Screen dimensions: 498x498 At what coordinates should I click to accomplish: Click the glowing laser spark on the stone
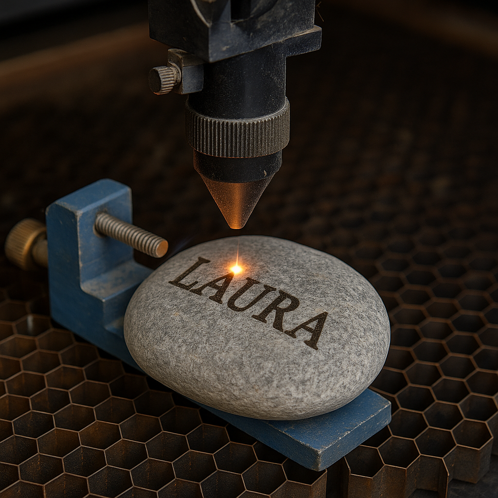(x=236, y=269)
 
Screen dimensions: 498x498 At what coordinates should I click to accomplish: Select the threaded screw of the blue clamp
(x=131, y=234)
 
